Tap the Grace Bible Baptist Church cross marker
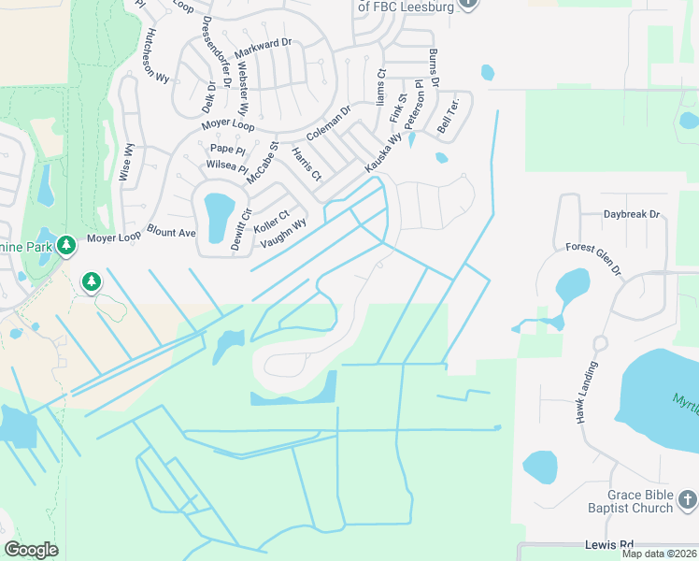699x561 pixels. (687, 500)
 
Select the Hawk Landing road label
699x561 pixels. (586, 392)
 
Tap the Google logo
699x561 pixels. (31, 550)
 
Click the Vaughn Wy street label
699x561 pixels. (282, 232)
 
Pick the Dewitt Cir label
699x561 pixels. (241, 228)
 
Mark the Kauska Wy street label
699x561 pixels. (382, 151)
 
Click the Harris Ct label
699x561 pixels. (307, 163)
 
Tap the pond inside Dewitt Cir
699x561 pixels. (218, 215)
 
